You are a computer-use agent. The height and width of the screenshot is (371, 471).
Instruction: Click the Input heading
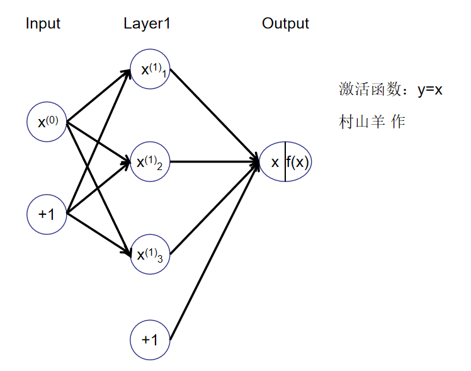click(x=43, y=24)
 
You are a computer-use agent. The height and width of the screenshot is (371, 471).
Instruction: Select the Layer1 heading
click(x=147, y=24)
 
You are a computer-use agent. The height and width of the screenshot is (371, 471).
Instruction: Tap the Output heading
click(x=285, y=24)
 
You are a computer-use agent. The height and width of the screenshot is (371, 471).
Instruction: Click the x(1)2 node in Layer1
click(x=150, y=162)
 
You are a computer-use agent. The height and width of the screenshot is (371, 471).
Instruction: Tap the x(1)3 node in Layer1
click(x=150, y=254)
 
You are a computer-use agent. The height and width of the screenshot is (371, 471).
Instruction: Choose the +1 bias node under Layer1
click(x=150, y=340)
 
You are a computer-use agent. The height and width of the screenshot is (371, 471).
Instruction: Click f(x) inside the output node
click(x=298, y=162)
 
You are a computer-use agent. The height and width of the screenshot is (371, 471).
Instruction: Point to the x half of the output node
click(x=275, y=162)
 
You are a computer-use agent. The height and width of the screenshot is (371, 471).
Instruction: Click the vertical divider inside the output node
click(x=285, y=162)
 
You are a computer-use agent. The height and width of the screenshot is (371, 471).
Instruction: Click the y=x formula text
click(x=430, y=89)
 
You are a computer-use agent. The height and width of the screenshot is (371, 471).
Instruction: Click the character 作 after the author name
click(x=397, y=122)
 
